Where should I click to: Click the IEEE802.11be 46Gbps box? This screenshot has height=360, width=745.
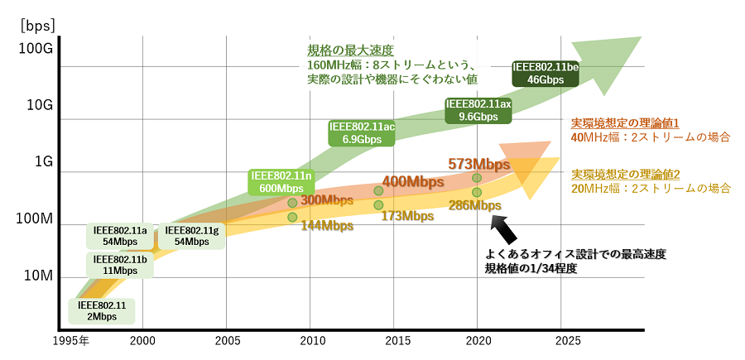tap(546, 74)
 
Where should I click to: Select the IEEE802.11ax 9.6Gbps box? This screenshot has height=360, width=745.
tap(478, 111)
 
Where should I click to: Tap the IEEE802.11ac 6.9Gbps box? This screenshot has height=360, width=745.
tap(362, 133)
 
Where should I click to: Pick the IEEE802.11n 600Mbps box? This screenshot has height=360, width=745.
tap(281, 182)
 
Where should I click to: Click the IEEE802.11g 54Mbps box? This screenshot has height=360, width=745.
tap(191, 236)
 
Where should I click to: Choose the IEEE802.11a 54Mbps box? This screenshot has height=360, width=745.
tap(120, 236)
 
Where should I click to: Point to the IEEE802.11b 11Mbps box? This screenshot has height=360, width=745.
tap(120, 265)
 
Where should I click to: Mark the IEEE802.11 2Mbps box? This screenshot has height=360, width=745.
tap(102, 311)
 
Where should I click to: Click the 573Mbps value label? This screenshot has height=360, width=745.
tap(478, 164)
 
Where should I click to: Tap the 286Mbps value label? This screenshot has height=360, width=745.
tap(474, 205)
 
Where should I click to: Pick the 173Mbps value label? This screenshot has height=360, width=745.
tap(407, 216)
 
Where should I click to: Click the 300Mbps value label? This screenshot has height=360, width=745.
tap(327, 200)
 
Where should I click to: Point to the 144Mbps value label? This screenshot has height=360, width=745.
tap(327, 225)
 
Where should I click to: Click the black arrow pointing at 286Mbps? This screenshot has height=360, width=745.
tap(506, 228)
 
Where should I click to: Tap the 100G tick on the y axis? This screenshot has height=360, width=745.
tap(36, 48)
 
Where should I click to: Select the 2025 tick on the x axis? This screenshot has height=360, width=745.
tap(568, 341)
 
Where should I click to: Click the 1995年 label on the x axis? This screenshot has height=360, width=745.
tap(73, 341)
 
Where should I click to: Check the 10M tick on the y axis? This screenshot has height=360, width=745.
tap(37, 276)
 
